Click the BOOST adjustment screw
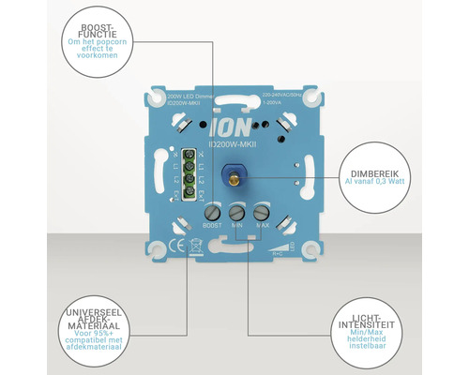point(213,212)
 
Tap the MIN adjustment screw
point(236,212)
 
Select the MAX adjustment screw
point(261,212)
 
